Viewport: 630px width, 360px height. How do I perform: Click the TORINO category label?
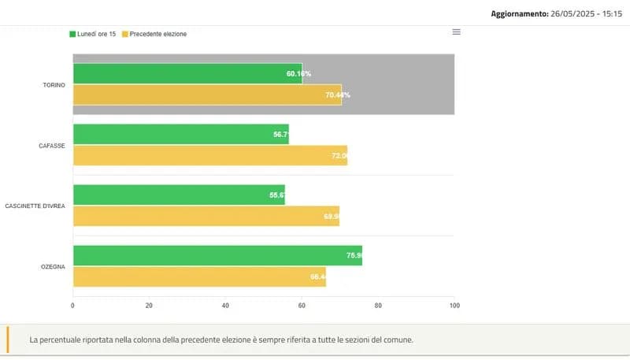coord(54,84)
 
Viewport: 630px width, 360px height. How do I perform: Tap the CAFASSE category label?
coord(52,145)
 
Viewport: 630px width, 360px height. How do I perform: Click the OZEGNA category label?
coord(53,266)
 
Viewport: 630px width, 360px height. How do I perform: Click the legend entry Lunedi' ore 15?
coord(93,34)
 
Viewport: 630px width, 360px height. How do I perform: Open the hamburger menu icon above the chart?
coord(456,32)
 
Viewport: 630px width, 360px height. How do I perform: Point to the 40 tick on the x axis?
coord(225,306)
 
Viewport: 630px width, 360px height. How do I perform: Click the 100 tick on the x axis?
coord(454,306)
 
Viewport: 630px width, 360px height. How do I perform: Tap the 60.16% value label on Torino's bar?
coord(298,73)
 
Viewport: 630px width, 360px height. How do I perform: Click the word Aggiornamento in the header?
coord(517,13)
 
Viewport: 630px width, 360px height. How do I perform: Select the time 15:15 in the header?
coord(610,13)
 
